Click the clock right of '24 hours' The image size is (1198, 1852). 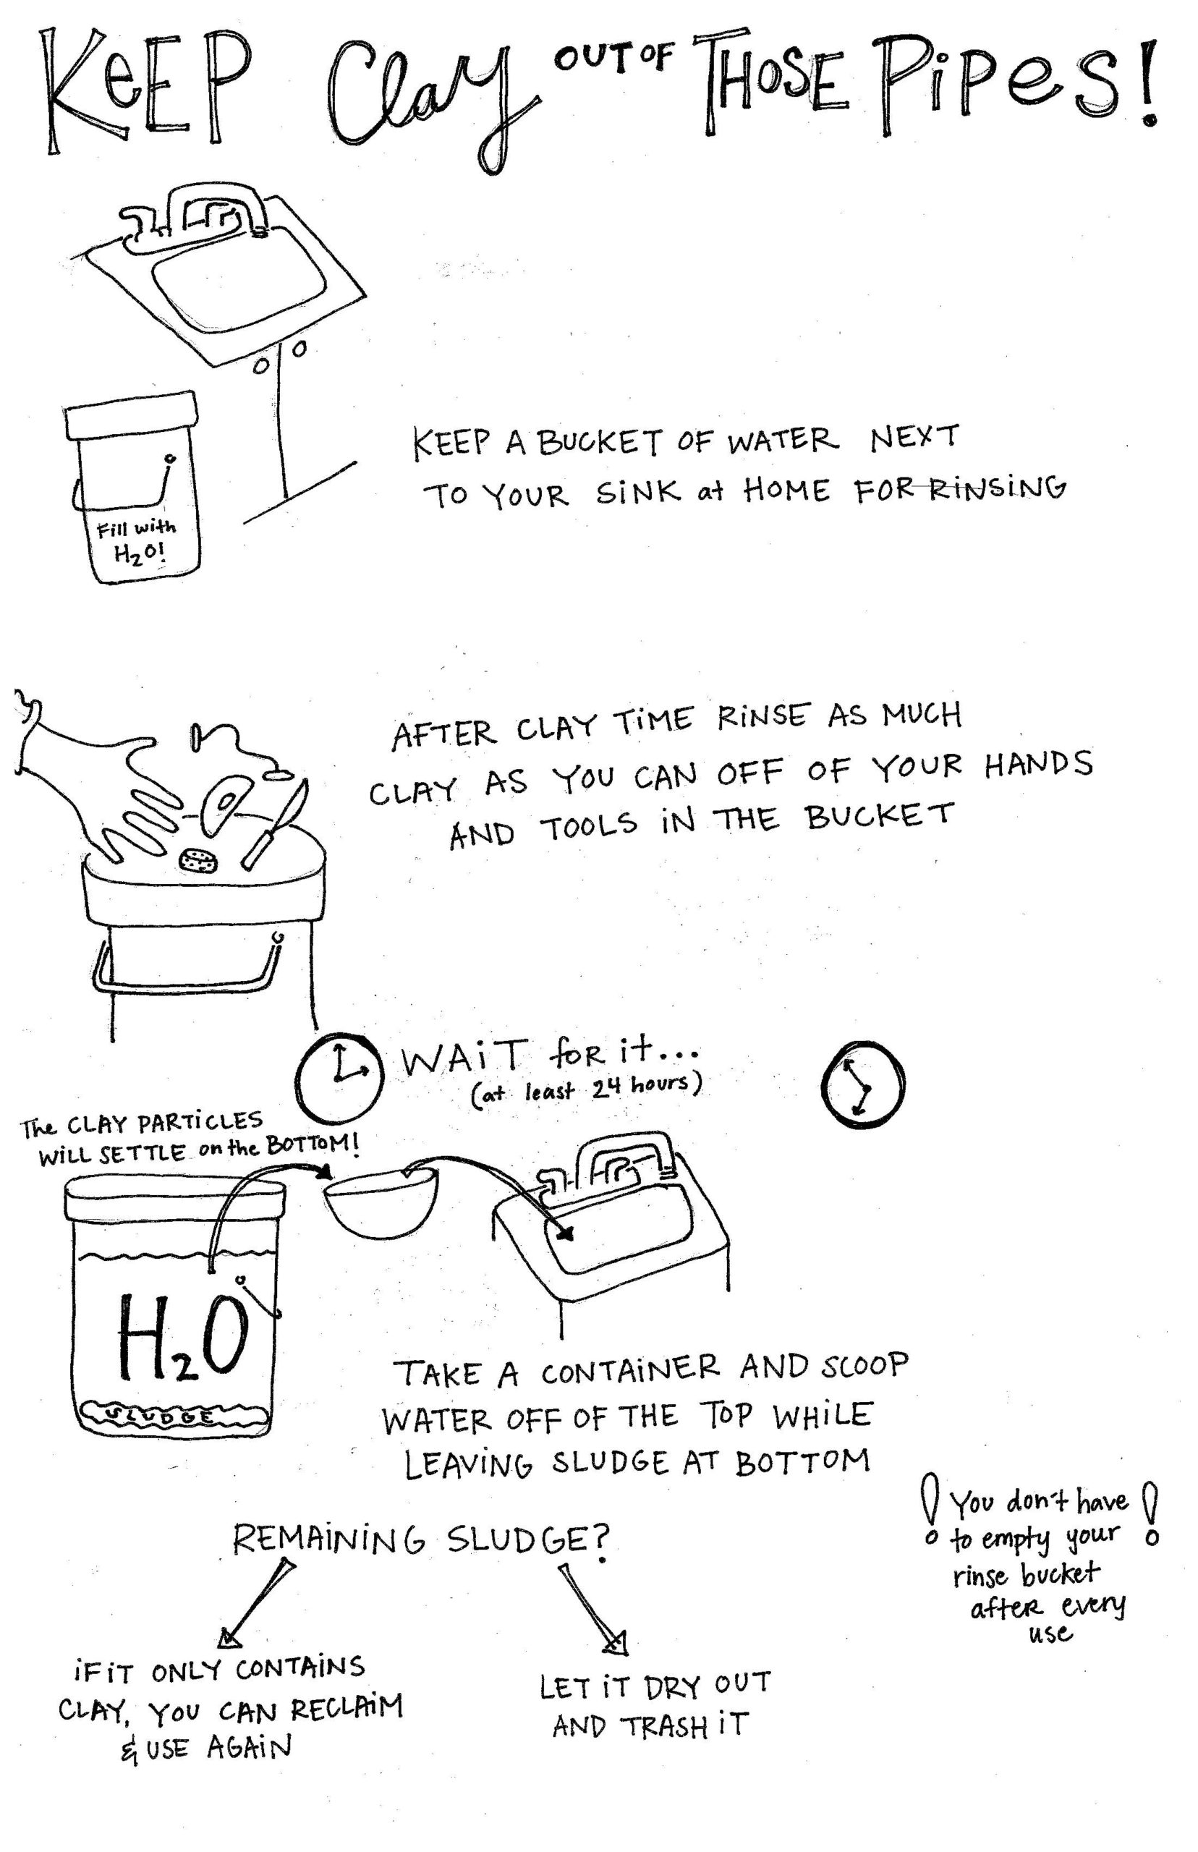pyautogui.click(x=862, y=1084)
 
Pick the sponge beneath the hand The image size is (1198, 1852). pyautogui.click(x=199, y=859)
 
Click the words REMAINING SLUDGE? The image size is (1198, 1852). pyautogui.click(x=421, y=1539)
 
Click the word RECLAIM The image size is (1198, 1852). pyautogui.click(x=347, y=1708)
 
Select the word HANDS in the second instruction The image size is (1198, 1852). pyautogui.click(x=1039, y=764)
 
